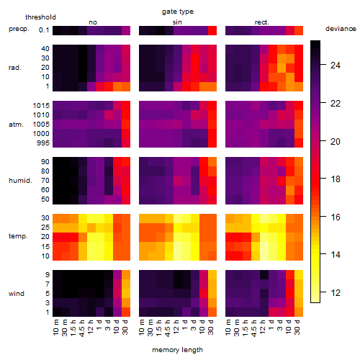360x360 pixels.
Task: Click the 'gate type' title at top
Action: (x=178, y=12)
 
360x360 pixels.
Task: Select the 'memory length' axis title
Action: (x=177, y=350)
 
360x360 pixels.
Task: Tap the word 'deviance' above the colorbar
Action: (x=341, y=29)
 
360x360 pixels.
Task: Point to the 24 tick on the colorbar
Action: (x=336, y=65)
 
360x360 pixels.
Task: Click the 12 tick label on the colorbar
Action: (x=336, y=292)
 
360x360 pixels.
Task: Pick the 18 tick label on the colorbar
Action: (x=336, y=179)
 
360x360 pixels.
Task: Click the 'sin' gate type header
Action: (x=177, y=22)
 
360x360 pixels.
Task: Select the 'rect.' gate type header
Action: (x=261, y=22)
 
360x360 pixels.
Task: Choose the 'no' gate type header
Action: (x=93, y=22)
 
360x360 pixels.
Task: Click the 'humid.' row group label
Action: (x=20, y=181)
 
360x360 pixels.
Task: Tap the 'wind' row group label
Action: (x=17, y=294)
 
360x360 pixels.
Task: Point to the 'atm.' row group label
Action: (x=16, y=125)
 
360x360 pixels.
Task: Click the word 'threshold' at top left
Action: (x=40, y=17)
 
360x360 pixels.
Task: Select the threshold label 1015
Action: (x=41, y=106)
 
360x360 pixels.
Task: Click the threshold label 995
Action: (x=43, y=143)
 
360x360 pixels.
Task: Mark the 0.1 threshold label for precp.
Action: (x=44, y=30)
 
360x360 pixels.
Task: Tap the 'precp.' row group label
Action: (x=19, y=30)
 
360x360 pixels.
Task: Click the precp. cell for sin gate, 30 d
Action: (x=212, y=30)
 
